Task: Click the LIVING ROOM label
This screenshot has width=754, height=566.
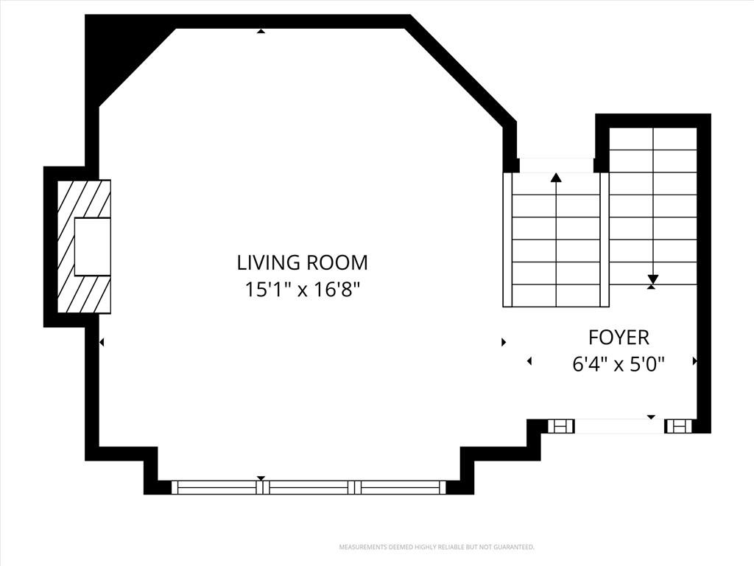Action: click(x=303, y=263)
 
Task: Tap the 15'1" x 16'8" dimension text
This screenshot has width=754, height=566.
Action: click(x=303, y=290)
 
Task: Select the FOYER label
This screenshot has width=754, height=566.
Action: click(x=619, y=338)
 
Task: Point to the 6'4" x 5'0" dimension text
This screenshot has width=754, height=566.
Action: click(x=619, y=364)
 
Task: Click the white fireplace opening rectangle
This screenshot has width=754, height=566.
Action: click(x=93, y=246)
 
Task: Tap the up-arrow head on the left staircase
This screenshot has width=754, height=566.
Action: click(x=557, y=177)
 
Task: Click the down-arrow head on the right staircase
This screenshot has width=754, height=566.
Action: click(x=652, y=279)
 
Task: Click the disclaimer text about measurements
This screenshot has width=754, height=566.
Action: click(x=437, y=548)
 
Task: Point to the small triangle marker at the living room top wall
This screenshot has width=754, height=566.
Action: click(x=261, y=31)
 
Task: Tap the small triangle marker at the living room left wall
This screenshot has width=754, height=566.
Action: click(x=102, y=342)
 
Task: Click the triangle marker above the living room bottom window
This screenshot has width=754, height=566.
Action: click(x=261, y=478)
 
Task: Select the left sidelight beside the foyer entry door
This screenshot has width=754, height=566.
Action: click(x=561, y=426)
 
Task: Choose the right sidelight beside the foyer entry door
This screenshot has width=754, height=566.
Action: click(x=678, y=426)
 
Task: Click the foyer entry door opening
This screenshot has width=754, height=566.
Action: click(x=620, y=426)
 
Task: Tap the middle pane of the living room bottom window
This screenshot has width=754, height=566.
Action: click(x=309, y=488)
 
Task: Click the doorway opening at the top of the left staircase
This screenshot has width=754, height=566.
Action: click(x=557, y=165)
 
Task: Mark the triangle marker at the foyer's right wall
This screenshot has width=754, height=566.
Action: click(x=694, y=361)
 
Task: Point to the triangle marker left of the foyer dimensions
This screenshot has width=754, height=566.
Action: click(x=529, y=361)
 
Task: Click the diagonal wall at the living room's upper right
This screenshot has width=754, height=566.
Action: click(x=460, y=71)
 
